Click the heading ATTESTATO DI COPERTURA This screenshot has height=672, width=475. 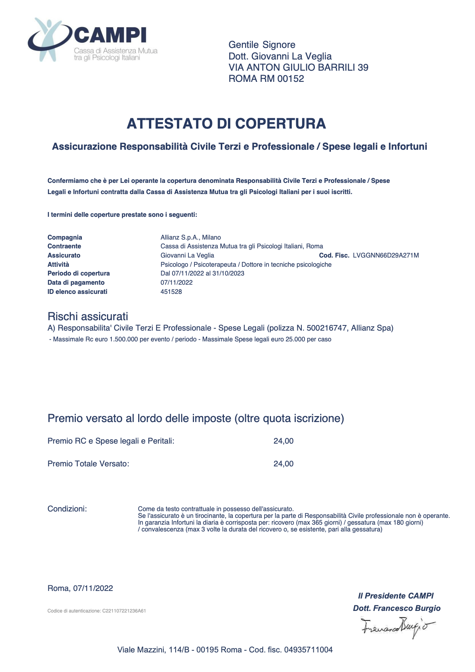click(x=226, y=124)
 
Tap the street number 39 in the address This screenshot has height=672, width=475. click(x=363, y=67)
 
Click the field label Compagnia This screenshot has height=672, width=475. click(x=65, y=238)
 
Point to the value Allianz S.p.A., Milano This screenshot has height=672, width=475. click(x=190, y=238)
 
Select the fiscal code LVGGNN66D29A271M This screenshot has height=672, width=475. click(x=386, y=256)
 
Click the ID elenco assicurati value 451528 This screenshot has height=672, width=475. click(x=171, y=292)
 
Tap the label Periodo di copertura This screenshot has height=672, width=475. click(x=78, y=274)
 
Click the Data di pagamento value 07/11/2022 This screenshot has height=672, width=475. click(x=176, y=283)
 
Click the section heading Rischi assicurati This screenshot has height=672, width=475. click(x=87, y=317)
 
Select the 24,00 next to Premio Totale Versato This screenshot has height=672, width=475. click(x=283, y=464)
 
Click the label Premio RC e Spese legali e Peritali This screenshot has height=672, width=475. click(x=111, y=441)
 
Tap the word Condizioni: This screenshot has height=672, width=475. click(x=67, y=509)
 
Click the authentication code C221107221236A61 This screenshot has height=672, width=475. click(x=124, y=611)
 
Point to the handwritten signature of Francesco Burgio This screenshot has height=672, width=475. click(x=397, y=626)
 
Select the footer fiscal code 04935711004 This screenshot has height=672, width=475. click(x=308, y=650)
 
